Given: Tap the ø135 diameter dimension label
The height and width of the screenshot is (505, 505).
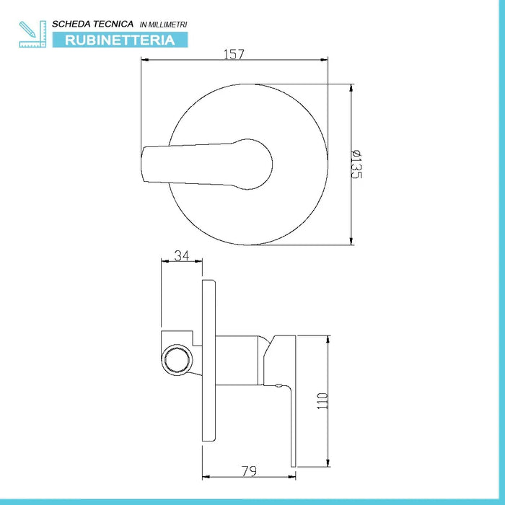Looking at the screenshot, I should [356, 165].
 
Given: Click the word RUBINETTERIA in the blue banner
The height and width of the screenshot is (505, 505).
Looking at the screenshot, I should [120, 40].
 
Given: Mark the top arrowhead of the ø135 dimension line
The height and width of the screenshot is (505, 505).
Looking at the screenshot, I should [351, 89].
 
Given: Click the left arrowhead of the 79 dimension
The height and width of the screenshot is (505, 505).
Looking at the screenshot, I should [206, 476].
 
